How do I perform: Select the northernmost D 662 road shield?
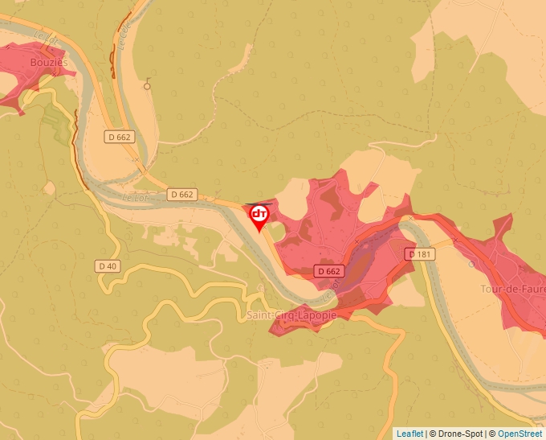[x=118, y=138]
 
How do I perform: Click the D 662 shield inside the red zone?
[x=329, y=271]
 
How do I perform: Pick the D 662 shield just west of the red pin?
[x=182, y=195]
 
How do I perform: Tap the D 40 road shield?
[x=107, y=266]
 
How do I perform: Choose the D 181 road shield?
[x=420, y=254]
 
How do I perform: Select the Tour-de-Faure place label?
[x=512, y=289]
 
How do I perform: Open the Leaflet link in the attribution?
[x=409, y=434]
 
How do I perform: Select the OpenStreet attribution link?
[x=520, y=434]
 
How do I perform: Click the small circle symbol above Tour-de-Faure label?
[x=471, y=263]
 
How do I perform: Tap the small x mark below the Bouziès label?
[x=55, y=73]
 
